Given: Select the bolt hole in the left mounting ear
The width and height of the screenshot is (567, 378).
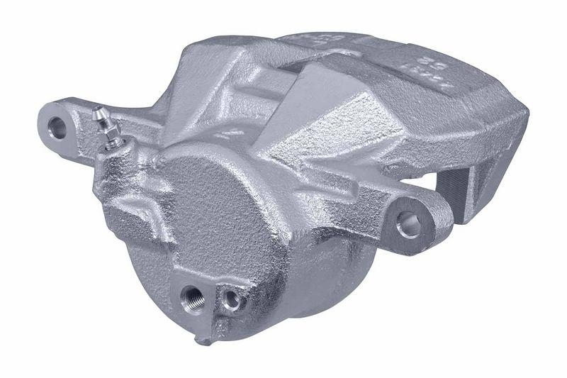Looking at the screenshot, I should tap(57, 128).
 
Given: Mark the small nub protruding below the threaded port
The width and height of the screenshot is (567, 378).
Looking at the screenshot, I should tap(205, 339).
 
